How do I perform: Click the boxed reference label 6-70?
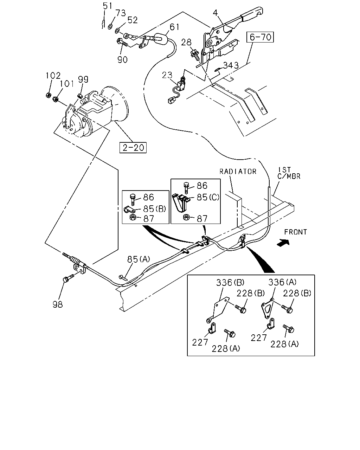click(x=260, y=37)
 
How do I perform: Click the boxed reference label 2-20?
click(x=133, y=148)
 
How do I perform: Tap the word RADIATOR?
click(x=238, y=172)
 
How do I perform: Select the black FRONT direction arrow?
click(x=283, y=243)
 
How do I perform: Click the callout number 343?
click(x=231, y=65)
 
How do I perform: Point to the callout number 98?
click(x=58, y=304)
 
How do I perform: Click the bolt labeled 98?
click(x=68, y=278)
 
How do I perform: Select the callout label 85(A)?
click(x=139, y=259)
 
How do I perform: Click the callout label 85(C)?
click(x=208, y=197)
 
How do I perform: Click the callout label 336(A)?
click(x=282, y=282)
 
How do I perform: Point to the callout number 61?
click(x=174, y=27)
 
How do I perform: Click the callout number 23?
click(x=167, y=75)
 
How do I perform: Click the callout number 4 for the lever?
click(x=216, y=13)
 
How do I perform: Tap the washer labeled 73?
click(x=110, y=27)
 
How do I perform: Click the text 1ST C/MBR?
click(x=289, y=173)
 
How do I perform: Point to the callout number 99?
click(x=83, y=79)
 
